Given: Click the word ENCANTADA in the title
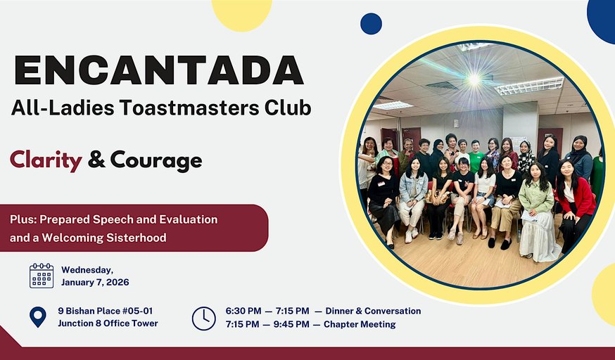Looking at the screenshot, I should tap(159, 70).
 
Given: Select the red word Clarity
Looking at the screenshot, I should tap(46, 160).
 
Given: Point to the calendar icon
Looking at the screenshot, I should tap(42, 276).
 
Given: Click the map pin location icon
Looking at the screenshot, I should tap(38, 317).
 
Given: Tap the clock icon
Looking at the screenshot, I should tap(204, 318).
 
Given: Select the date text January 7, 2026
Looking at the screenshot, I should tap(95, 282).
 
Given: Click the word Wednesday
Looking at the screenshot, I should tap(87, 269).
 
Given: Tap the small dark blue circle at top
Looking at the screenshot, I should tap(371, 24).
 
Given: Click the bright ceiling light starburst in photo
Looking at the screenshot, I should tap(474, 79).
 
